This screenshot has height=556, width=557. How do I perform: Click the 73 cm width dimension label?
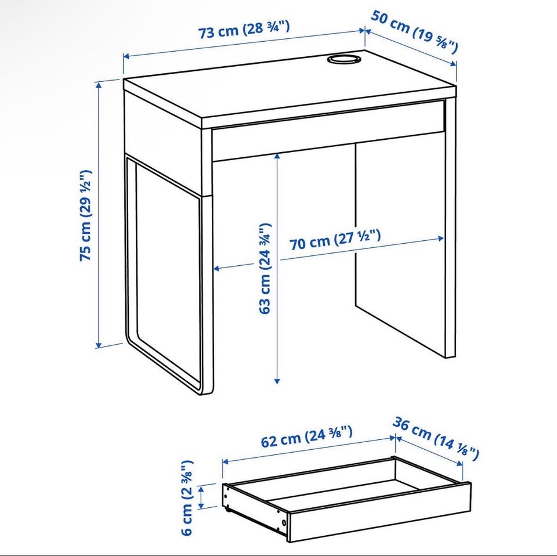(x=244, y=30)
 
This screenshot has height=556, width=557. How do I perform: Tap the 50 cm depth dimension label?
(x=414, y=31)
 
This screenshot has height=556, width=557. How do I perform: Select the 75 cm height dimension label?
(x=86, y=215)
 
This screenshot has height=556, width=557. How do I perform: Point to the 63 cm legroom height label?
(x=265, y=269)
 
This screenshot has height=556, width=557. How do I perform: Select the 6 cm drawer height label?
(x=187, y=497)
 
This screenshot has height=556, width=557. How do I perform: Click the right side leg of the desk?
(x=450, y=228)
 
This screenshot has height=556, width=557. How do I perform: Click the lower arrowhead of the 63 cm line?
(x=277, y=381)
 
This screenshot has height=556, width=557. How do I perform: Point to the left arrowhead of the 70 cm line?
(x=217, y=269)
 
